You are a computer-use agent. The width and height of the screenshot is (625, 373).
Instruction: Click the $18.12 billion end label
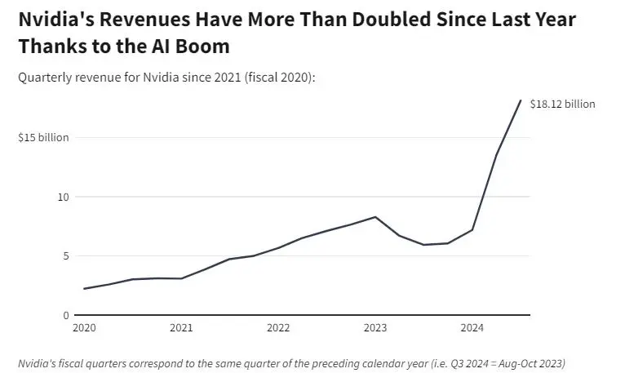coord(562,104)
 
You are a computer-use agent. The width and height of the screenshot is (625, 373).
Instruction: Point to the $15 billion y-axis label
coord(43,138)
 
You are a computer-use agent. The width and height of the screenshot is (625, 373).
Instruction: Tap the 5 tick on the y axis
coord(66,256)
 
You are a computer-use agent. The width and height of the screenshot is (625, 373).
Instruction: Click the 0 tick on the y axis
coord(66,315)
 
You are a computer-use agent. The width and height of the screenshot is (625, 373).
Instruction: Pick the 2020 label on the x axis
coord(84,328)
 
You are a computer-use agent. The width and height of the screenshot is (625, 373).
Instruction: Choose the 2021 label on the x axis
coord(181,328)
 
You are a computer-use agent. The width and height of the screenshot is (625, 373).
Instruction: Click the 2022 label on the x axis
coord(278,328)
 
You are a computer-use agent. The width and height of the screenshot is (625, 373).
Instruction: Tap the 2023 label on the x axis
coord(375,328)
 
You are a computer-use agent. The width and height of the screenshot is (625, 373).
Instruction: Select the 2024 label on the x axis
coord(472,328)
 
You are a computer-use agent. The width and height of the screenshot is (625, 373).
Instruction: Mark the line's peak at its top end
coord(521,100)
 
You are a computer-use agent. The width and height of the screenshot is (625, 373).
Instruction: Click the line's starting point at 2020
coord(84,289)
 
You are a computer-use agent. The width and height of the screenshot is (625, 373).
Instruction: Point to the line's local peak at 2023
coord(375,217)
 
